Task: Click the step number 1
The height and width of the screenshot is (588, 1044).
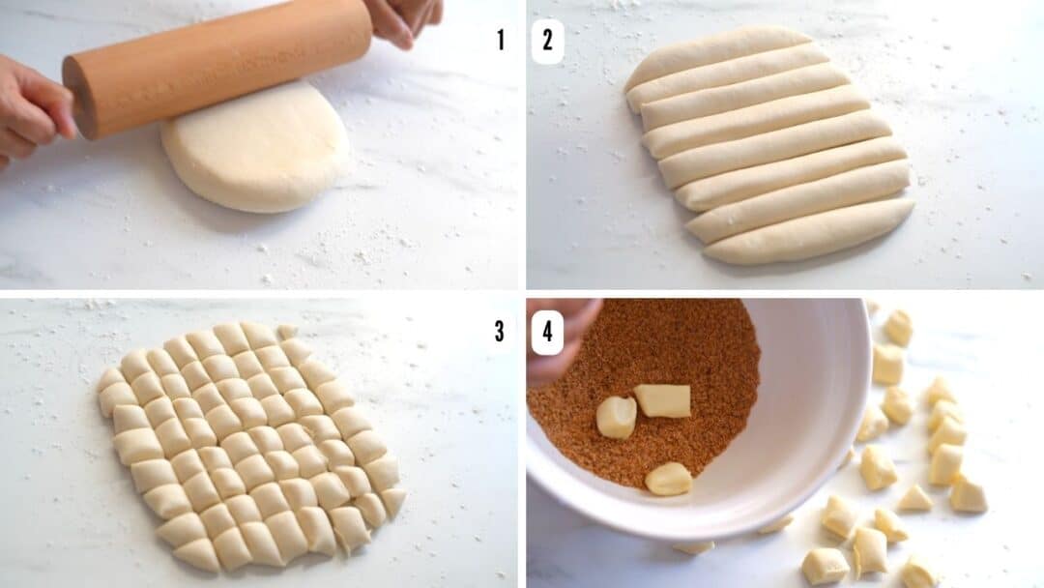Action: point(500,41)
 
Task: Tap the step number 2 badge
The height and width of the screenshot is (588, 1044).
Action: point(547,41)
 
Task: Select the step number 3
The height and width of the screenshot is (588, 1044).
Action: point(499,331)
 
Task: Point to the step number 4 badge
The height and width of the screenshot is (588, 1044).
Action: point(547,332)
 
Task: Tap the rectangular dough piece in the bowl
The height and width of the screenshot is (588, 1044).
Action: point(663,400)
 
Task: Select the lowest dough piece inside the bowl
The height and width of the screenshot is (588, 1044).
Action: point(669,479)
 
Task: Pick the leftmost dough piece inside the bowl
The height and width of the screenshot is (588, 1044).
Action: point(616,417)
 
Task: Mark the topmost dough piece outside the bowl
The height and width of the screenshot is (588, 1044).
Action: point(898,327)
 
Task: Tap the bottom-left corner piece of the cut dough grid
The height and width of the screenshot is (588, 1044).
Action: point(197,554)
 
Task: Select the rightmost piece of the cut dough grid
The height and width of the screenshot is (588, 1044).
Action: point(392,500)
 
